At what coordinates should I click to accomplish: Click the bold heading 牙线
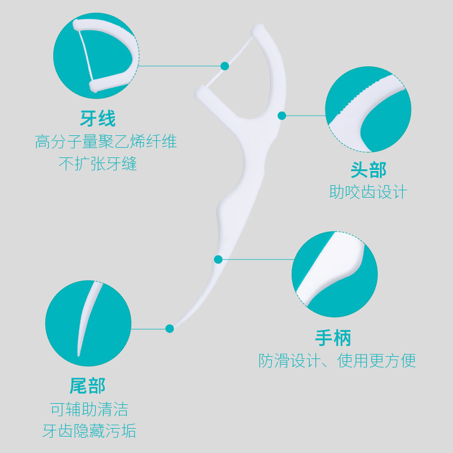[97, 119]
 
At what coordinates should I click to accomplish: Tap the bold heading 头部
[368, 169]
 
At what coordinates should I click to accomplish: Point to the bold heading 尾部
[88, 386]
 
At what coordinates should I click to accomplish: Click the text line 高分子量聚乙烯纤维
[106, 142]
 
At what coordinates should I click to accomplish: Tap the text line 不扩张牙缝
[98, 164]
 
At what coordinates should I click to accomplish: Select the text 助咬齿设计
[368, 192]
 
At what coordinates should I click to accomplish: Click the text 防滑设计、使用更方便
[337, 361]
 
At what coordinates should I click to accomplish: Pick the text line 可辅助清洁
[89, 409]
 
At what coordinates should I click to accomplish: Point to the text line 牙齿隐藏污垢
[89, 431]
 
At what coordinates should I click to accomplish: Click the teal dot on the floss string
[225, 66]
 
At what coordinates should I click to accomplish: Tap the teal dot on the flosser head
[282, 116]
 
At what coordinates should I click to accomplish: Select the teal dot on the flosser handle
[218, 259]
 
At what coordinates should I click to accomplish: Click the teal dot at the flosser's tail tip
[169, 328]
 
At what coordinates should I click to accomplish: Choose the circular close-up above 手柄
[335, 275]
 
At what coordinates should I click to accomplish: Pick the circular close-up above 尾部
[88, 323]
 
